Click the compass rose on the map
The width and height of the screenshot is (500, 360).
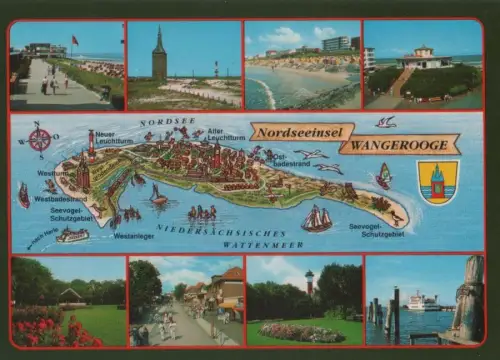[39, 138]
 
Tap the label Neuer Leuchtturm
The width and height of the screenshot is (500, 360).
[112, 138]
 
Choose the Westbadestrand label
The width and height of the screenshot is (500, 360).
[60, 198]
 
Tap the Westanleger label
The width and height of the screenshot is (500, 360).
[133, 237]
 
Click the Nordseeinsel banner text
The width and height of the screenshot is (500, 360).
[302, 131]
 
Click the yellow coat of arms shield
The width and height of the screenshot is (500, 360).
[437, 181]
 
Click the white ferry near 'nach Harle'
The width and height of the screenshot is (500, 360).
[72, 235]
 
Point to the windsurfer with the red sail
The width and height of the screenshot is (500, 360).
[384, 176]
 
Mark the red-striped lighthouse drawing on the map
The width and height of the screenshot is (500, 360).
[91, 142]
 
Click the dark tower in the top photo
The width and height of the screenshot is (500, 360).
[159, 55]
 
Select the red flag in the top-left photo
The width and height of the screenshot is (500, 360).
[74, 41]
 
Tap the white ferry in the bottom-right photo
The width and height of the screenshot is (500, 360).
[421, 301]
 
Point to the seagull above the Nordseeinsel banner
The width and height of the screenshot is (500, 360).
[385, 122]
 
